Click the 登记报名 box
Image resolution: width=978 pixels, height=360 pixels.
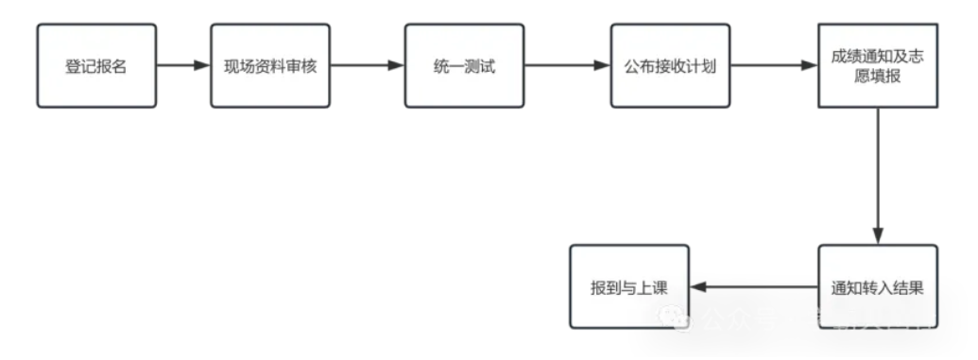pyautogui.click(x=96, y=66)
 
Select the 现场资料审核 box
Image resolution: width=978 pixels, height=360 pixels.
pyautogui.click(x=270, y=66)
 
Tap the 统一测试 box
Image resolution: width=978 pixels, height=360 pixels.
pyautogui.click(x=464, y=66)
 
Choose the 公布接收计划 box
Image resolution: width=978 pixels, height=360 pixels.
pyautogui.click(x=670, y=66)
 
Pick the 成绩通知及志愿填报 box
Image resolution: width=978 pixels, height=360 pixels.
pyautogui.click(x=878, y=66)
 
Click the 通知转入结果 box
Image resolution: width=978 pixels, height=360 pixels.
pyautogui.click(x=878, y=286)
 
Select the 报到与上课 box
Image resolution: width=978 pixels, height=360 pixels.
pyautogui.click(x=629, y=286)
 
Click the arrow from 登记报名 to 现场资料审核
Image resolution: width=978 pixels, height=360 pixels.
pyautogui.click(x=182, y=66)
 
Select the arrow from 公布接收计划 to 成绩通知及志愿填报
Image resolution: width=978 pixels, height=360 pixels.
pyautogui.click(x=774, y=66)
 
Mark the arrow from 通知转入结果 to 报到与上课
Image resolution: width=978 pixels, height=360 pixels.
pyautogui.click(x=754, y=287)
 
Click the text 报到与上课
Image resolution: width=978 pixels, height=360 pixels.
pyautogui.click(x=629, y=288)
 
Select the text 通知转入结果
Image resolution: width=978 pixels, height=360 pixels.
pyautogui.click(x=878, y=288)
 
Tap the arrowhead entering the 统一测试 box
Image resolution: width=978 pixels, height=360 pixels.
pyautogui.click(x=397, y=66)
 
